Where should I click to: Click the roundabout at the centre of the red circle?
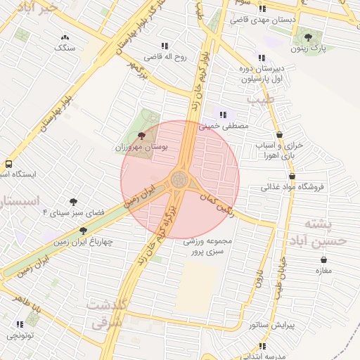coord(180,179)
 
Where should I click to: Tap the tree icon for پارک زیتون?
coord(308,37)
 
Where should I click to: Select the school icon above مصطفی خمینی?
coord(224,115)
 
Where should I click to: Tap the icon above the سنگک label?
coord(65,37)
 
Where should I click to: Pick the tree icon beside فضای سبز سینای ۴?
coord(73,201)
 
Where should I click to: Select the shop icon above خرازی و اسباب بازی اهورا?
coord(280,134)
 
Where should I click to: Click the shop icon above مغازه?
coord(323,259)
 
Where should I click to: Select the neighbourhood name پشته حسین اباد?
coord(327,232)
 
